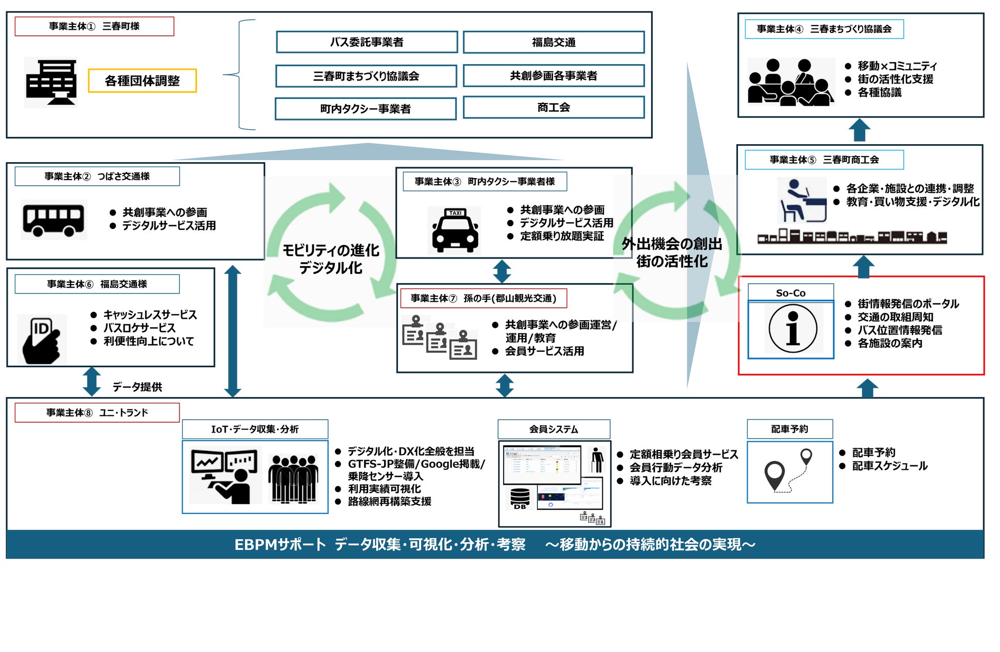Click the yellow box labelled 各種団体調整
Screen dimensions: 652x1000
[x=142, y=81]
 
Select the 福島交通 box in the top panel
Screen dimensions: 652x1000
[x=553, y=42]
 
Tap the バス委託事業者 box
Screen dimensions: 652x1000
[x=367, y=42]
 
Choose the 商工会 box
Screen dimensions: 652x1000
[x=553, y=108]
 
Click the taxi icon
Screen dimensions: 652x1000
[x=455, y=230]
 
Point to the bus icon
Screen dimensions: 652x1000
[x=53, y=220]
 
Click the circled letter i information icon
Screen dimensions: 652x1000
[x=792, y=329]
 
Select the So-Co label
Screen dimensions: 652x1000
[x=790, y=293]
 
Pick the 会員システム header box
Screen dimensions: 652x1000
[x=554, y=429]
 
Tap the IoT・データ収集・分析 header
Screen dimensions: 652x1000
[x=255, y=429]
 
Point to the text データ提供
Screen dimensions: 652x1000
[x=137, y=387]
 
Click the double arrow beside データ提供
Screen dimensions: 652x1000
[x=92, y=381]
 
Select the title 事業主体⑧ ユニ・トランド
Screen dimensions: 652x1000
[x=97, y=412]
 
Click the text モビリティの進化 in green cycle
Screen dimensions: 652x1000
[x=331, y=250]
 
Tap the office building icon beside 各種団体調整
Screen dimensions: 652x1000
[x=51, y=82]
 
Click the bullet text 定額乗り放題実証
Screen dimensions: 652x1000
[x=562, y=236]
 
